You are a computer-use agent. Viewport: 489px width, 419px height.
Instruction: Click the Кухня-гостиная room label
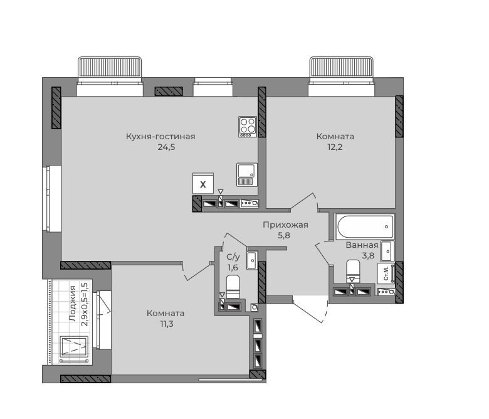[160, 137]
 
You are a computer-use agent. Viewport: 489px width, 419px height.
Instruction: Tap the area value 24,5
[166, 147]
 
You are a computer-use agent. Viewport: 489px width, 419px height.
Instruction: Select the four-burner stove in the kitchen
[248, 127]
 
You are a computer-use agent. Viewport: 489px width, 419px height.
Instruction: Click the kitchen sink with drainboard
[247, 174]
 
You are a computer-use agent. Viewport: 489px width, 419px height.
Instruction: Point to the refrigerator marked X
[203, 184]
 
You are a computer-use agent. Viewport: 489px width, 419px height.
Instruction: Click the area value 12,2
[335, 147]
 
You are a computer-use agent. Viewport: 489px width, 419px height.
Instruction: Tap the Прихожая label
[285, 225]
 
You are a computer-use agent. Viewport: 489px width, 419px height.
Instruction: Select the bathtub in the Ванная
[365, 227]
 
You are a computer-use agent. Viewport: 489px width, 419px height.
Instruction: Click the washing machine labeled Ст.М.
[386, 273]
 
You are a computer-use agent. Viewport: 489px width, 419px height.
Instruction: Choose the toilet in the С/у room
[233, 287]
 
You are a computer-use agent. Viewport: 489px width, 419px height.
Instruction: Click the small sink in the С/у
[252, 260]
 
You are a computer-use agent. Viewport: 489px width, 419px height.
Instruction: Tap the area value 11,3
[167, 324]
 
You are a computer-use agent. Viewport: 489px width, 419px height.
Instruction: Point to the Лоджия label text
[72, 304]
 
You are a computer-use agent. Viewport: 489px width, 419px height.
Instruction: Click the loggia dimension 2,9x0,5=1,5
[85, 304]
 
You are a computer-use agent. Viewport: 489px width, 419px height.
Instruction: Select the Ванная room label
[362, 245]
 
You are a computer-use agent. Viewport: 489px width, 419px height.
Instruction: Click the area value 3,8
[368, 256]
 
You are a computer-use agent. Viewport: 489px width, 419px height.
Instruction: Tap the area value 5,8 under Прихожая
[284, 236]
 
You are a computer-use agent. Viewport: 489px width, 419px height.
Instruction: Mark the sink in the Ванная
[387, 251]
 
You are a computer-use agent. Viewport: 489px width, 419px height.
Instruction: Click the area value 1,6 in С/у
[233, 267]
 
